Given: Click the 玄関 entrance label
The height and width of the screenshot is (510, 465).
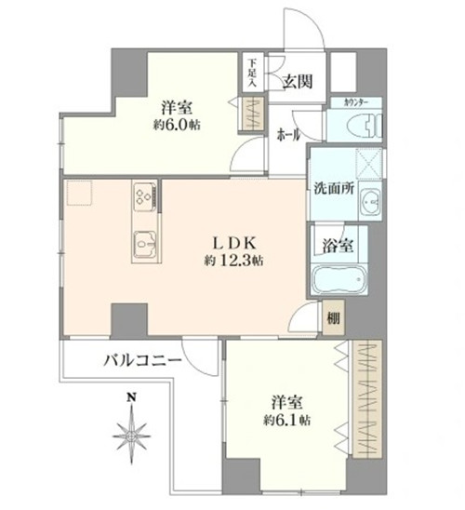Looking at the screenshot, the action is coord(297,82).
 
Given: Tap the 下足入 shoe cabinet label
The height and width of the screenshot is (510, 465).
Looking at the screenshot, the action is coord(252,73).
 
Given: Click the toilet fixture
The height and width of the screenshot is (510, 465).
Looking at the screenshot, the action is coord(365,127).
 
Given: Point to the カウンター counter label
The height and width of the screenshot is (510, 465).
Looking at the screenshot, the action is coord(356,103).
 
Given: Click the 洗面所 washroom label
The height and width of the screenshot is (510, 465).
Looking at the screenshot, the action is coord(334,189).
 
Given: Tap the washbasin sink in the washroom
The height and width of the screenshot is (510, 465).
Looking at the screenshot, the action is coord(370,203).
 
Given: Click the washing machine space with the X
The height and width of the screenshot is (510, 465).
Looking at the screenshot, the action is coord(368,164).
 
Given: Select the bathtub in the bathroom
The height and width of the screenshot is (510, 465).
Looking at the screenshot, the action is coord(339,279).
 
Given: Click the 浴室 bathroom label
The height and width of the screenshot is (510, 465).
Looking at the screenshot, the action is coord(338,246).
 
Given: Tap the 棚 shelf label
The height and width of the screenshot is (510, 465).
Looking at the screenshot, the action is coord(333,317).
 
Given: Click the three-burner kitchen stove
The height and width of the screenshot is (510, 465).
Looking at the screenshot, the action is coord(144,196).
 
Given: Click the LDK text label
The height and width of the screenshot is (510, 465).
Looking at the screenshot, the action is coord(235,243).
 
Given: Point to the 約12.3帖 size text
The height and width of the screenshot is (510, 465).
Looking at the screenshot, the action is coord(234,261).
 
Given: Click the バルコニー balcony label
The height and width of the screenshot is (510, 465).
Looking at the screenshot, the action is coord(142,361).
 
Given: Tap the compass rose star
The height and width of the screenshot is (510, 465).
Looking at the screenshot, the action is coord(131,436).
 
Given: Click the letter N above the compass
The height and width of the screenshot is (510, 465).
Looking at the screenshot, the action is coord(131,396).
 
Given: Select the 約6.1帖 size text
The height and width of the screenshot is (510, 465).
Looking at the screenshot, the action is coord(287,421).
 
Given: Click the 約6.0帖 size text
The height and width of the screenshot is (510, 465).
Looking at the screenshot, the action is coord(177,125).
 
